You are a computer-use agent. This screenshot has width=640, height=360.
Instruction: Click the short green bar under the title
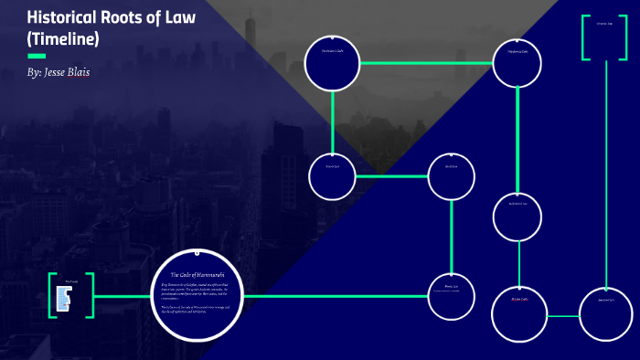37,56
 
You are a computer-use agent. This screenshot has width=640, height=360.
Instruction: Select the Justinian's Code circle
333,62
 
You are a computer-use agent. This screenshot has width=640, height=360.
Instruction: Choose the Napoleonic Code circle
518,63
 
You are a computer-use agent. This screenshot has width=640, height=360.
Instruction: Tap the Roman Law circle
333,175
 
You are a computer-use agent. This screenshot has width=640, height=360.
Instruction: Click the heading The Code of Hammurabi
198,275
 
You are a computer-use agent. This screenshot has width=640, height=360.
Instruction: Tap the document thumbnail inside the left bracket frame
64,296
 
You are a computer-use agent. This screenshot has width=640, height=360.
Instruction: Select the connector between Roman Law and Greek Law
392,175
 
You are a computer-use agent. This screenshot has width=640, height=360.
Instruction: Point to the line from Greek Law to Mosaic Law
452,236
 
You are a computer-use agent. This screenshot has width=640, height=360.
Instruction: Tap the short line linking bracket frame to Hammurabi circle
123,296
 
